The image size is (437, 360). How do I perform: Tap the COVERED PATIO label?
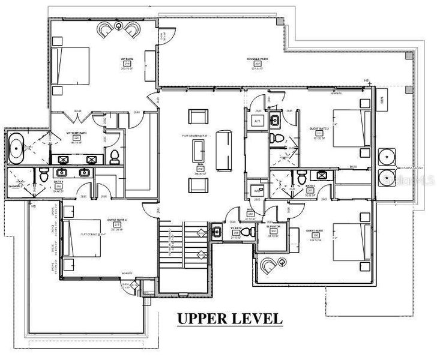pyautogui.click(x=256, y=60)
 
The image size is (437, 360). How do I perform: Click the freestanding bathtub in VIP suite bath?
pyautogui.click(x=15, y=147)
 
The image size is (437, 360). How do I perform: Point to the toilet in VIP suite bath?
pyautogui.click(x=113, y=157)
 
